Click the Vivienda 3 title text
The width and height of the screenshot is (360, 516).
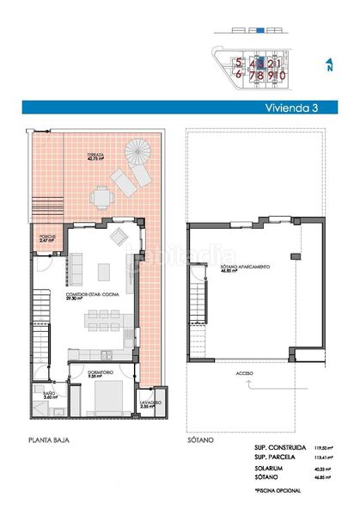[x=291, y=108]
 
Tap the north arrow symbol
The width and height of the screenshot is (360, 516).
[x=329, y=64]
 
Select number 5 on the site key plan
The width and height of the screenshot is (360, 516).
[x=239, y=64]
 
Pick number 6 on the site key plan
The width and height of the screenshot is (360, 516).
[x=239, y=75]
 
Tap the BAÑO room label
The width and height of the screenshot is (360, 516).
[x=48, y=393]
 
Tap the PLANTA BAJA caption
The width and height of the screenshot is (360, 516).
[x=50, y=440]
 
